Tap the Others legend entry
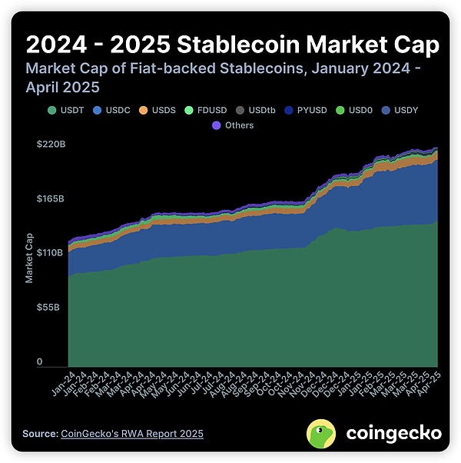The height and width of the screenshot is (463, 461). point(234,125)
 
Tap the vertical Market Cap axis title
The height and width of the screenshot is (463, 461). point(30,255)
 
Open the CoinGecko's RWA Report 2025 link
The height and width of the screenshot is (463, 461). point(131,435)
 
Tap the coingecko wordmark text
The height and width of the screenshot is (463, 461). point(393,434)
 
